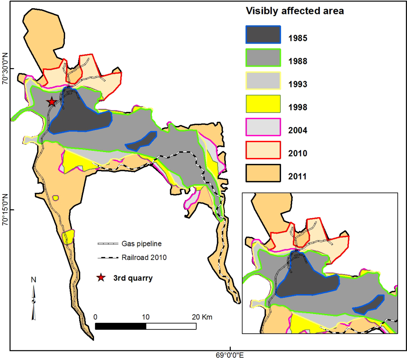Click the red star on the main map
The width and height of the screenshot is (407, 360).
(52, 102)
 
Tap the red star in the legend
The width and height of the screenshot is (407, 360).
(101, 278)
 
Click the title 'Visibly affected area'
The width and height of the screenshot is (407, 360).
(294, 11)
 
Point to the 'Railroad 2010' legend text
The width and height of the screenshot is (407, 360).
(144, 257)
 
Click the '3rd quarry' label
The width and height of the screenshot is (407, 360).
(133, 278)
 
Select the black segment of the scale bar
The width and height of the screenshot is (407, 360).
(121, 326)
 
